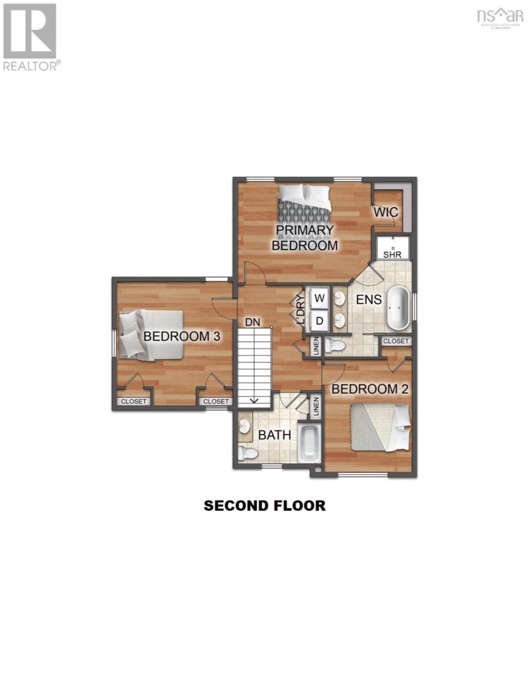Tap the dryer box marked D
320,321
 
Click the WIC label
386,212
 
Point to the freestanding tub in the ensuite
398,308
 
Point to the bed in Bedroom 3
150,335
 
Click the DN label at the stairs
252,322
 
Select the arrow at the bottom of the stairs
253,401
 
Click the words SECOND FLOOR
265,506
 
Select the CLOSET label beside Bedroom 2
396,341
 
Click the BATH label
275,435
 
